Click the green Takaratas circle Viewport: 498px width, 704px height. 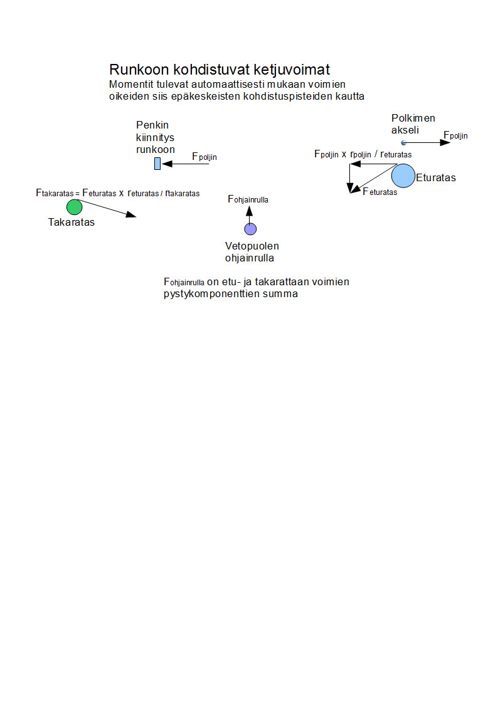click(74, 207)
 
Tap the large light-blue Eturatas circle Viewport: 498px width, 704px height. click(403, 176)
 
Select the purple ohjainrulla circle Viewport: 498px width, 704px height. click(250, 229)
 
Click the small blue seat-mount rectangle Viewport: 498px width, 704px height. click(157, 164)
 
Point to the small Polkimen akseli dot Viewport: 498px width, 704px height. click(395, 143)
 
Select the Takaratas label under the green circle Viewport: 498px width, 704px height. click(72, 222)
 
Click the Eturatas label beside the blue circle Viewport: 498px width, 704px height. click(436, 178)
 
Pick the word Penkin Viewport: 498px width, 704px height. click(153, 125)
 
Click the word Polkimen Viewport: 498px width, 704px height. click(413, 118)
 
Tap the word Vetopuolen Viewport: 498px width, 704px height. click(252, 246)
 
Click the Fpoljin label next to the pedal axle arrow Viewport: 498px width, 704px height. click(455, 135)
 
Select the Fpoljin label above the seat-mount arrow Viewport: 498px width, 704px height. click(204, 156)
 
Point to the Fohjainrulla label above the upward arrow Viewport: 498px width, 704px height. click(248, 199)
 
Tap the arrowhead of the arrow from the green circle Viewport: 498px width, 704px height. click(130, 215)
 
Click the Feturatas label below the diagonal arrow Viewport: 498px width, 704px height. click(379, 191)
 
